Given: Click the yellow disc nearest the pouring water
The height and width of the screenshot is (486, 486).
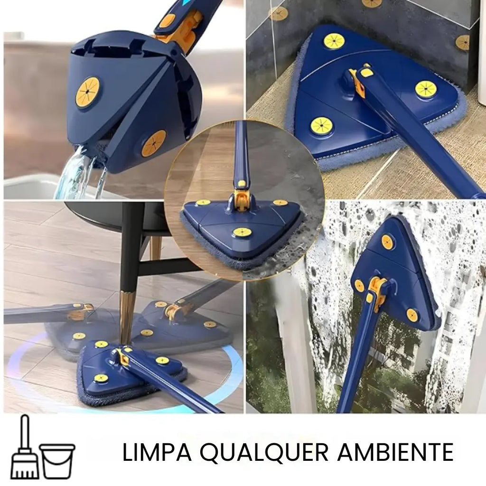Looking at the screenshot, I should pos(153,143).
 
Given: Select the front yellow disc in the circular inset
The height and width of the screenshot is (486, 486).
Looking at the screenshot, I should pos(242,232).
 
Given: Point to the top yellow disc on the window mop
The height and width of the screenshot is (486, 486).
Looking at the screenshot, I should pos(387,242).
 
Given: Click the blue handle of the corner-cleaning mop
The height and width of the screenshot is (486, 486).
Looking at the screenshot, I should pos(418,138).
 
